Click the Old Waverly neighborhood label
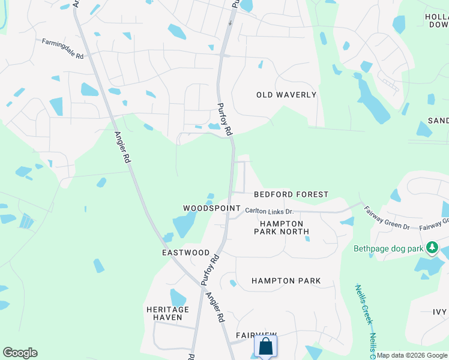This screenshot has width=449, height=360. [286, 95]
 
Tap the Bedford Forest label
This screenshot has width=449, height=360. [291, 194]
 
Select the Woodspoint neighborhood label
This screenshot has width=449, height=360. [207, 208]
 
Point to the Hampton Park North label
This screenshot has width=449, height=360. [281, 227]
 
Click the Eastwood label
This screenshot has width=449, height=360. [185, 253]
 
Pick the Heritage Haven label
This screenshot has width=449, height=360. [167, 313]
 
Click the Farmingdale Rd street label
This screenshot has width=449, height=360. [62, 43]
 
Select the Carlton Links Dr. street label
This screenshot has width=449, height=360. [269, 211]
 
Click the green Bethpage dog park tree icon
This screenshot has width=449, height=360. [432, 247]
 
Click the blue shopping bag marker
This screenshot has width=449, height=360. [265, 346]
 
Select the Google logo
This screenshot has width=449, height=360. [20, 353]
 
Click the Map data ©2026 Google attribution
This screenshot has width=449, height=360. [412, 355]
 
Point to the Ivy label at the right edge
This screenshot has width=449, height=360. [440, 312]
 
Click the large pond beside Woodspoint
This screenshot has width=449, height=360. [185, 224]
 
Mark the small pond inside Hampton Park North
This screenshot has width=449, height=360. [307, 238]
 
